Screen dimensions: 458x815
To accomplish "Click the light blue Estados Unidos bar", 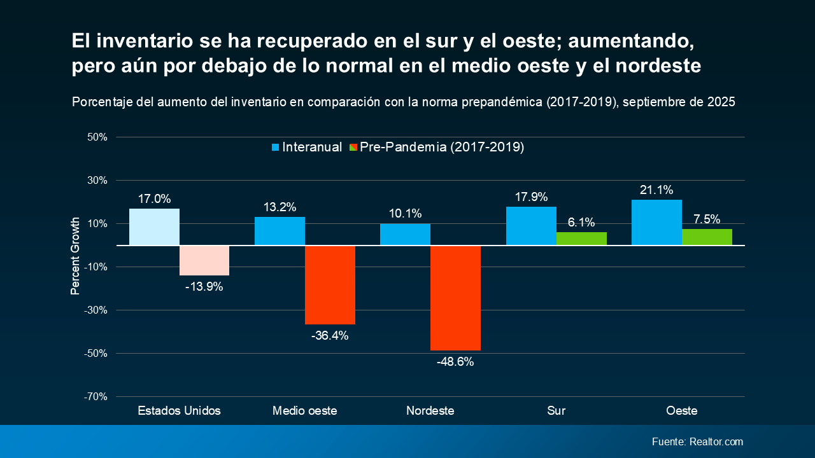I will point(154,227).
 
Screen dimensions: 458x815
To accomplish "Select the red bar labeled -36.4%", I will point(330,285).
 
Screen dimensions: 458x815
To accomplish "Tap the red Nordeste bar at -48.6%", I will point(455,298).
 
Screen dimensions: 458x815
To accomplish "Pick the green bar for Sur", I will point(581,239).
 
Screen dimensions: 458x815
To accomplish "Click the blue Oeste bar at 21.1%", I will point(656,223).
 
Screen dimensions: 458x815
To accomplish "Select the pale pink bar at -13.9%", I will point(204,260).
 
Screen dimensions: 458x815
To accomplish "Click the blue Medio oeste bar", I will point(280,231).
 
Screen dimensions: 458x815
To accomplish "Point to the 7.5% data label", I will point(707,219).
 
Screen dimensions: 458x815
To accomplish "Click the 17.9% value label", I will point(531,197).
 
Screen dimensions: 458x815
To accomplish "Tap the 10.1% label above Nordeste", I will point(406,214).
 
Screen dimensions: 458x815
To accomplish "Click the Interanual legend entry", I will point(307,147).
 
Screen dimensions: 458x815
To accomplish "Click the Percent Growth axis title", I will point(75,256).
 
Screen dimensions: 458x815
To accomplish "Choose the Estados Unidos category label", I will point(179,411).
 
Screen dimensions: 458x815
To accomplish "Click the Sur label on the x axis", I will point(556,411).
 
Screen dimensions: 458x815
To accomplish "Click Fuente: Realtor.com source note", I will point(697,441).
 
